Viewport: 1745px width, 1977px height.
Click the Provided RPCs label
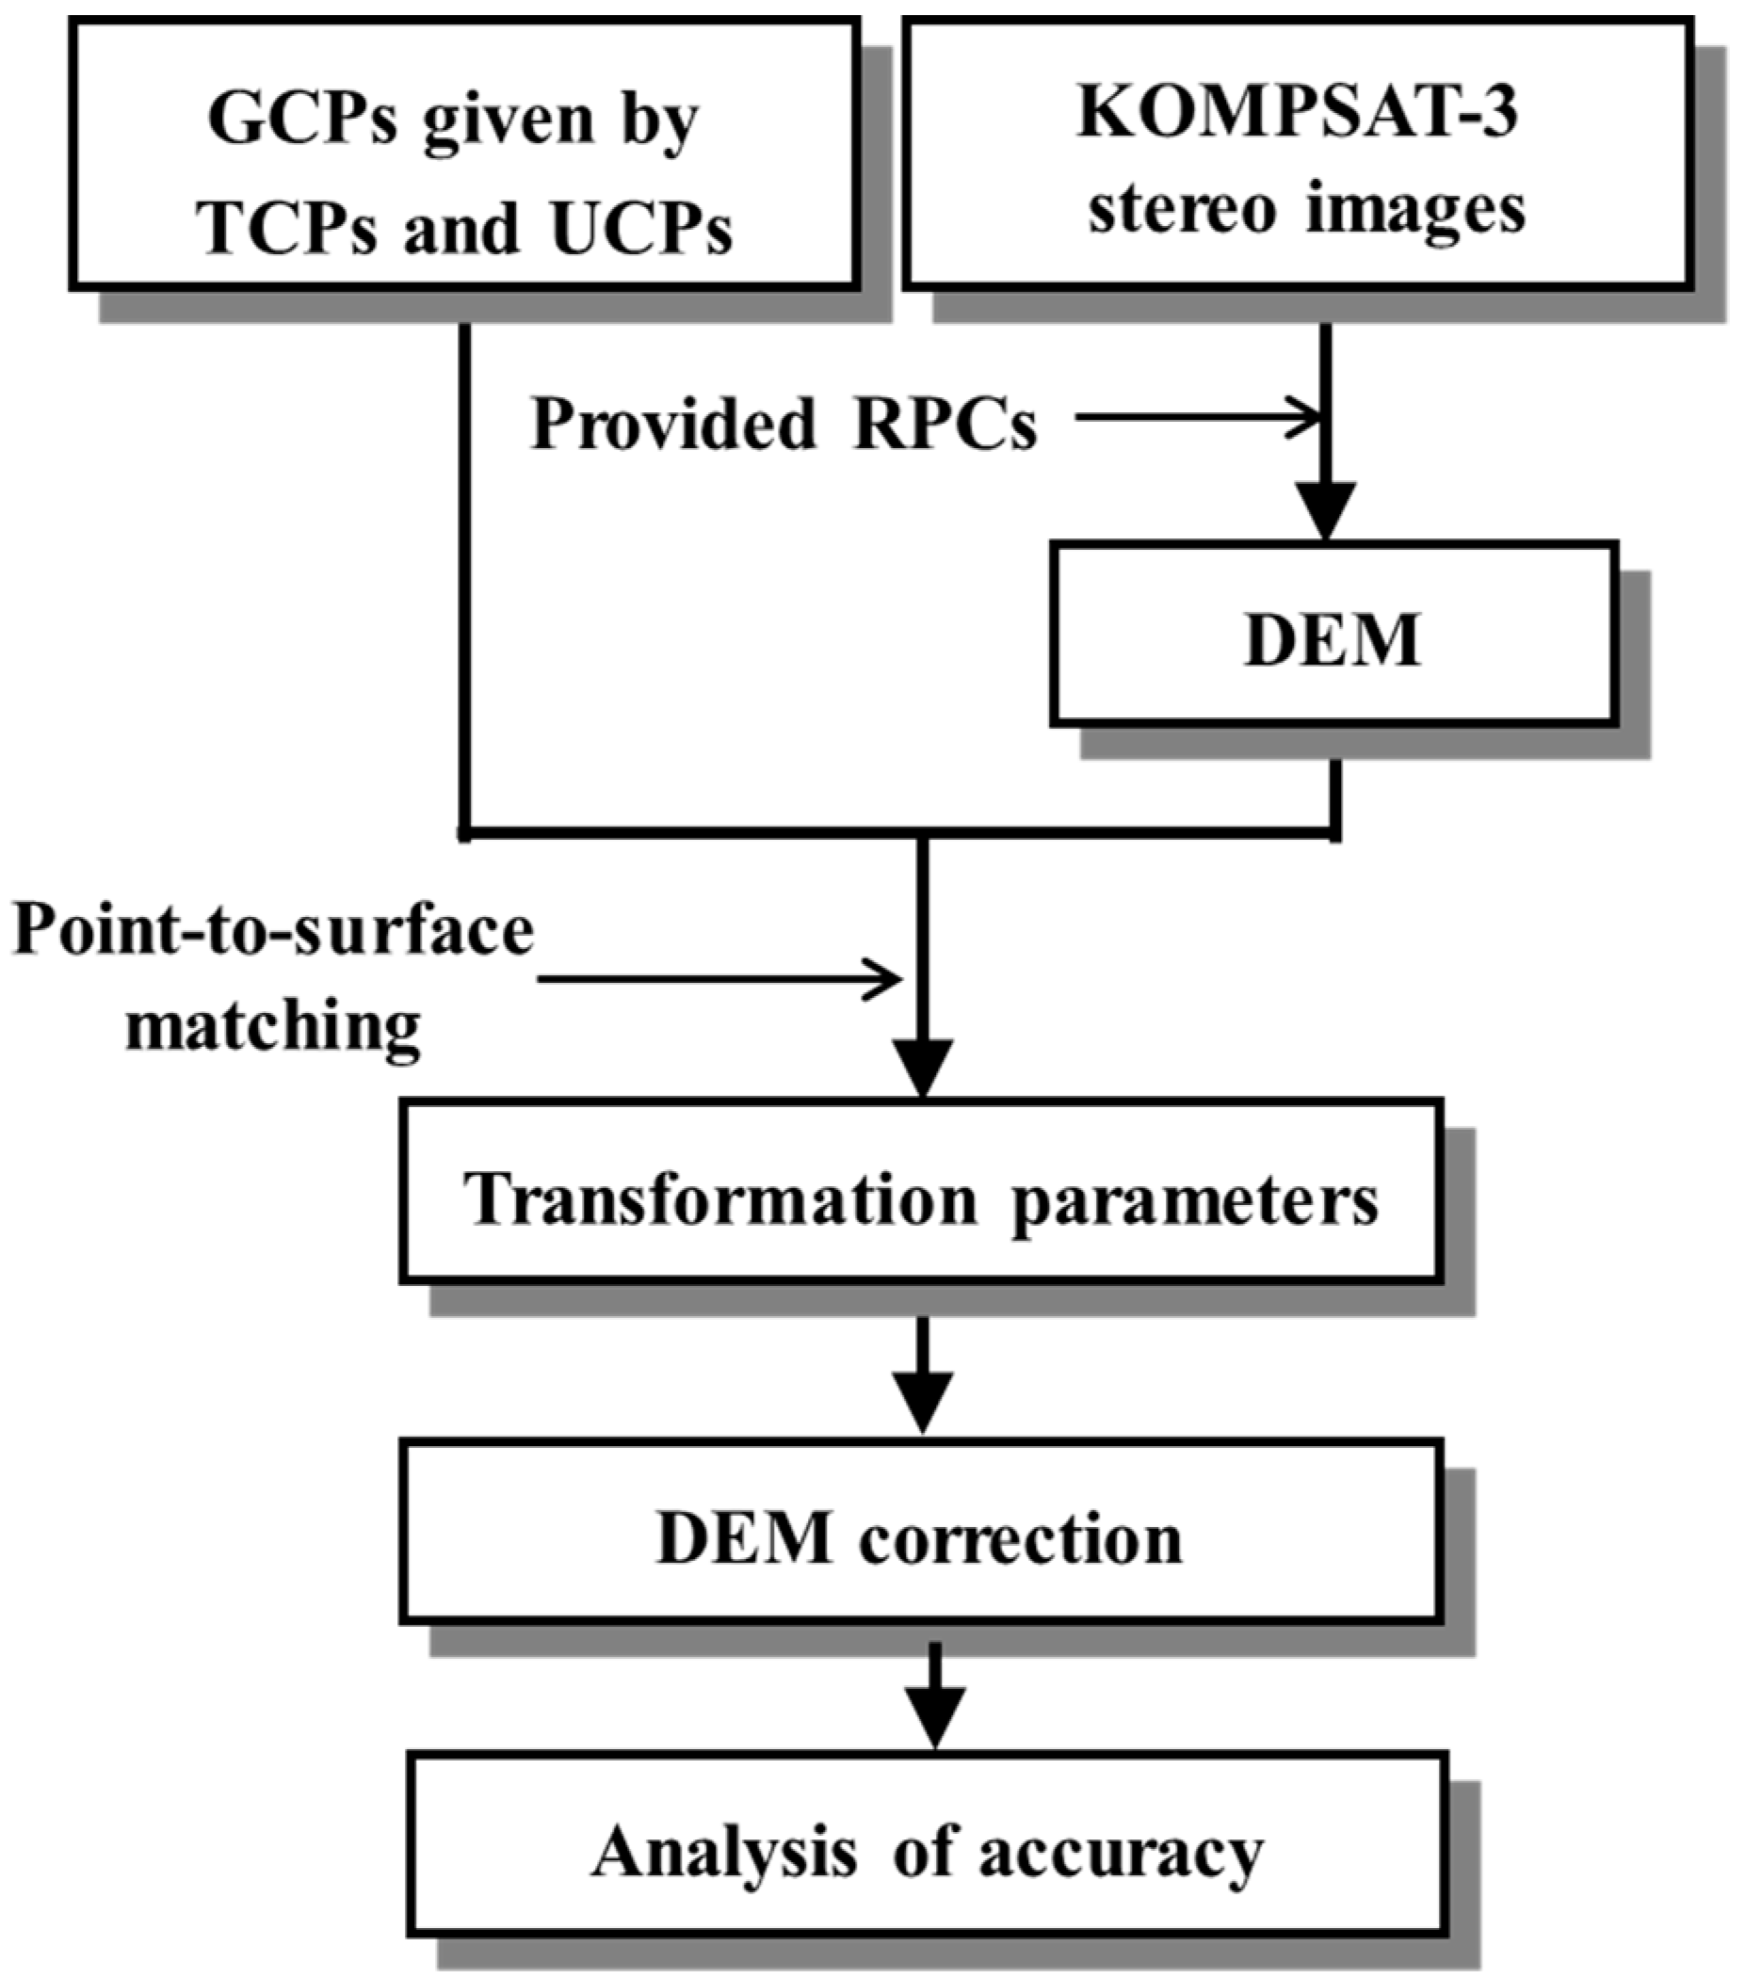tap(784, 424)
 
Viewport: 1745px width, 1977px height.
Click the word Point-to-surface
tap(274, 932)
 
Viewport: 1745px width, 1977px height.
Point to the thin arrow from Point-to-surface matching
tap(719, 979)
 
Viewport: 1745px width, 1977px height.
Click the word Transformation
tap(720, 1200)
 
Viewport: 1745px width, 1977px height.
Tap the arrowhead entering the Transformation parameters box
tap(923, 1068)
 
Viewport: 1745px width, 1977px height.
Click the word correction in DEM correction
tap(1021, 1539)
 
